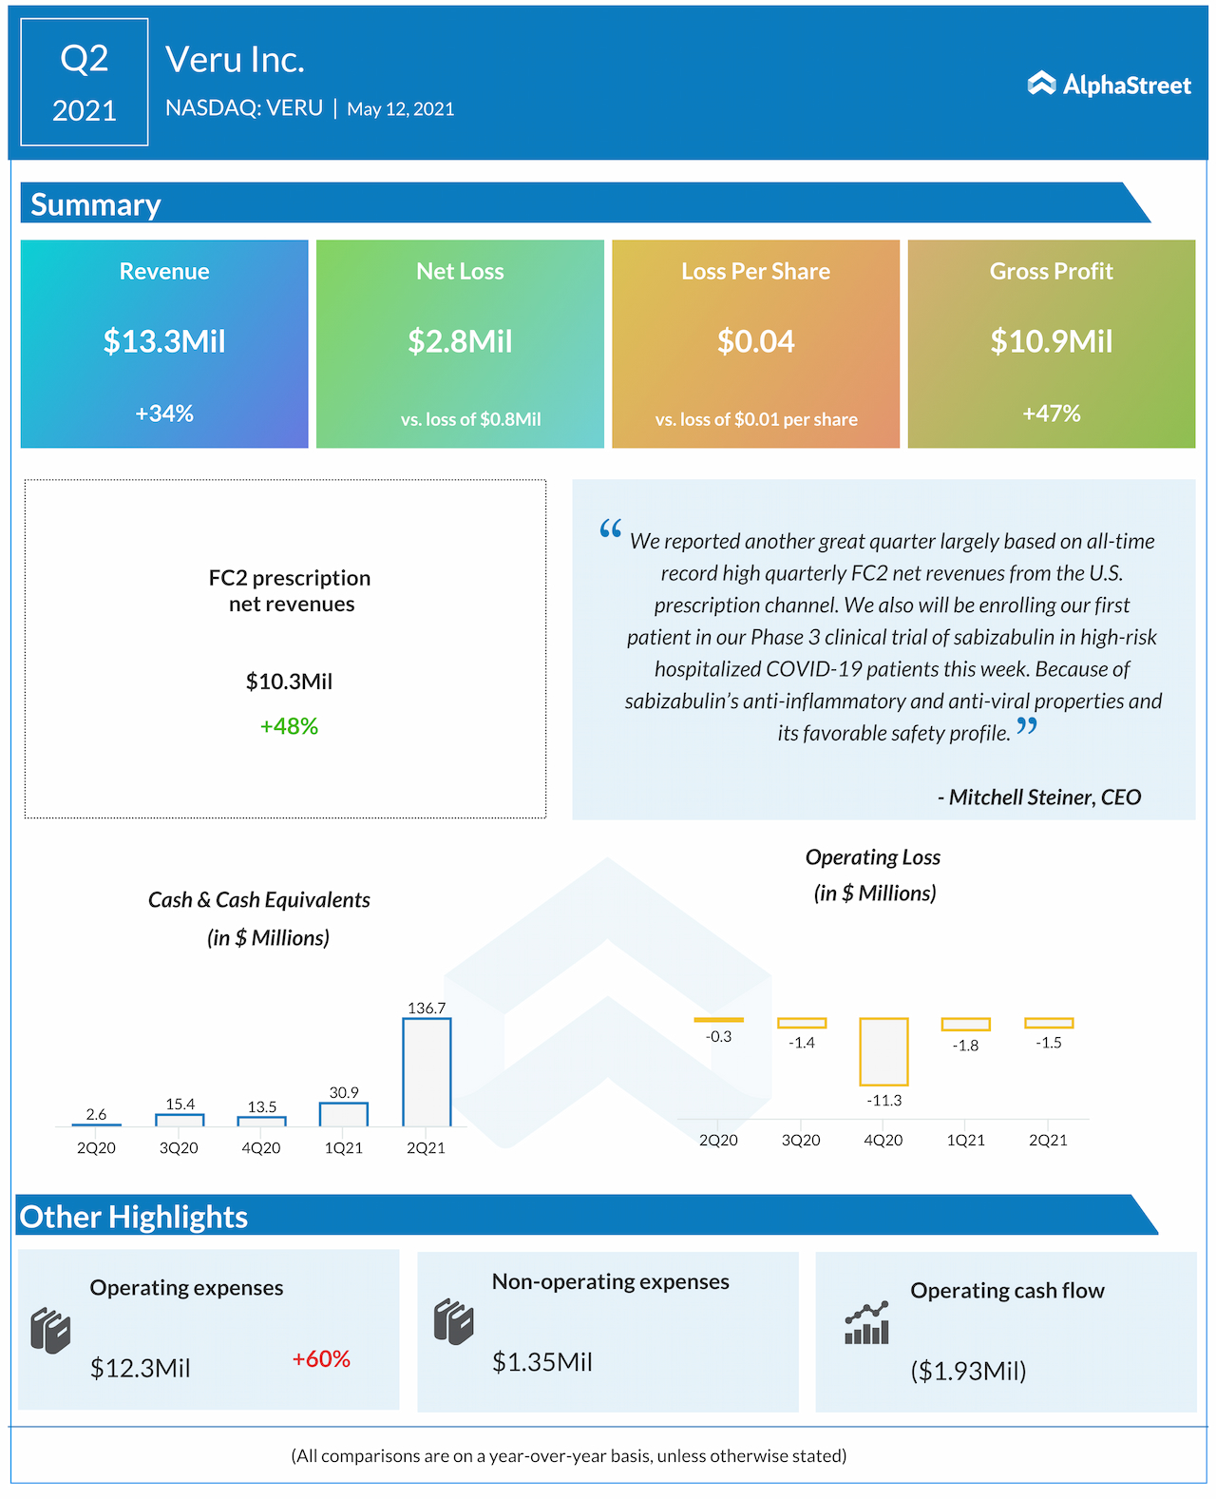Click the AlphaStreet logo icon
pos(1041,84)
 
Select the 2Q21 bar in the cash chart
pos(427,1072)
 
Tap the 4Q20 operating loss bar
pos(883,1051)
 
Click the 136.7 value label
pos(427,1008)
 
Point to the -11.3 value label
pos(884,1101)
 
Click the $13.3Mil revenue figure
pos(164,341)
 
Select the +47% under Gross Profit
pos(1052,413)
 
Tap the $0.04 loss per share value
pos(755,341)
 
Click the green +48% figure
pos(290,726)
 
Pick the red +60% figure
pos(321,1359)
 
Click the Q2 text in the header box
pos(85,59)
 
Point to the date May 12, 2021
pos(401,109)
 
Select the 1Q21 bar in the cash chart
pos(344,1114)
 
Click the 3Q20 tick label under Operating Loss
pos(801,1140)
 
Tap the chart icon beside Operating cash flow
pos(866,1323)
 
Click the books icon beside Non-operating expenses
pos(454,1322)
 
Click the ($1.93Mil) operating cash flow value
pos(968,1371)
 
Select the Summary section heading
pos(96,204)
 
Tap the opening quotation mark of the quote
pos(611,528)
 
